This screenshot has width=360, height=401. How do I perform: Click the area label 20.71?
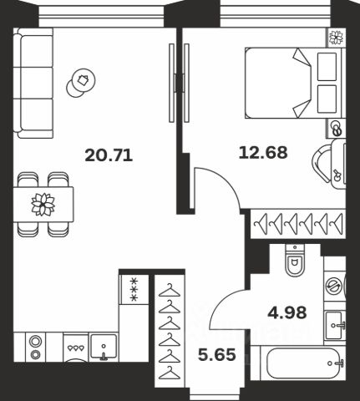click(x=109, y=155)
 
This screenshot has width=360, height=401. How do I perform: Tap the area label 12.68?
click(x=263, y=153)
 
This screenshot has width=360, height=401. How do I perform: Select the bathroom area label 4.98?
click(x=287, y=312)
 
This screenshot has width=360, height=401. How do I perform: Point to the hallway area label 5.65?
click(x=217, y=355)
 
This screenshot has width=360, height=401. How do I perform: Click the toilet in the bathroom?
click(x=295, y=261)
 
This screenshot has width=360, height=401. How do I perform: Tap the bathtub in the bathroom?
click(x=304, y=363)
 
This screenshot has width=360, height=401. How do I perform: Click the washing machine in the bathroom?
click(x=335, y=286)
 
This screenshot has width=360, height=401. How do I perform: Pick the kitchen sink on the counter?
click(x=104, y=347)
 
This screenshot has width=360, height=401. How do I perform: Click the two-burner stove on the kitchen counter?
click(x=35, y=347)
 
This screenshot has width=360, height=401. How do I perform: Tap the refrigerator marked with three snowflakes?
click(x=134, y=289)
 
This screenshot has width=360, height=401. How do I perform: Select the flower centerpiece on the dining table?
click(x=43, y=204)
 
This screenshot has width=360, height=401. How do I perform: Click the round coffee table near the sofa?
click(x=81, y=83)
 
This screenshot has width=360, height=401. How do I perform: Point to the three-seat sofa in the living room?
click(x=33, y=83)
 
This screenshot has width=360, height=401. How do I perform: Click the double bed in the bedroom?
click(x=292, y=83)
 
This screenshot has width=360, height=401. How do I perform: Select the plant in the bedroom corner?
click(x=336, y=38)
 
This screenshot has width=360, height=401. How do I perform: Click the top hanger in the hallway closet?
click(x=170, y=290)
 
